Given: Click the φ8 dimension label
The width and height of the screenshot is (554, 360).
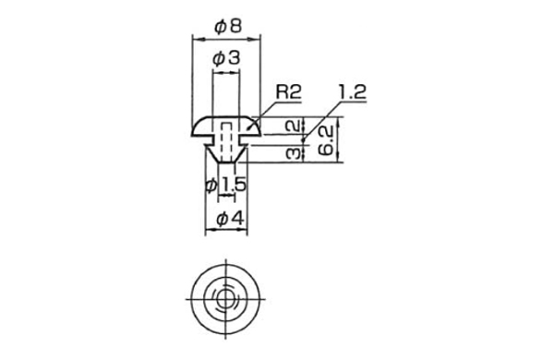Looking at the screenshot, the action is tap(229, 26).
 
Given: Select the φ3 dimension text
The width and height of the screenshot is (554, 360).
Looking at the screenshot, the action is tap(226, 58).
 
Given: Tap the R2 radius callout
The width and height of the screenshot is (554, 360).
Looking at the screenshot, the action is tap(288, 92).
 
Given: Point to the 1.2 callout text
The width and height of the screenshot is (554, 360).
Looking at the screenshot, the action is tap(353, 92).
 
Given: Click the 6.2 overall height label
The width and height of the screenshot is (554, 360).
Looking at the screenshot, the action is tap(326, 140).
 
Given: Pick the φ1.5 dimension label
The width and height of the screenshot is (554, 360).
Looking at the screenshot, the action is tap(225, 185).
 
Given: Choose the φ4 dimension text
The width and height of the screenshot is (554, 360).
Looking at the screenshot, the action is tap(230, 219).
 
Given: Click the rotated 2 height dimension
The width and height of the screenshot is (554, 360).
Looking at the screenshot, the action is tap(295, 126).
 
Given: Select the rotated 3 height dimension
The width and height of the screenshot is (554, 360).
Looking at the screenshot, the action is tap(295, 153).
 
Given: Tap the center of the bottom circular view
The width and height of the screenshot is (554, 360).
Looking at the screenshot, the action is tap(225, 299).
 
